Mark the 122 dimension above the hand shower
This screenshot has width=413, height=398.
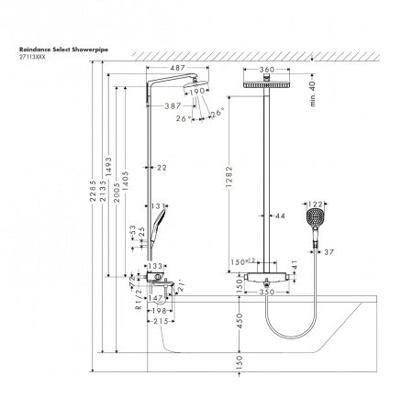coord(315,205)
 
